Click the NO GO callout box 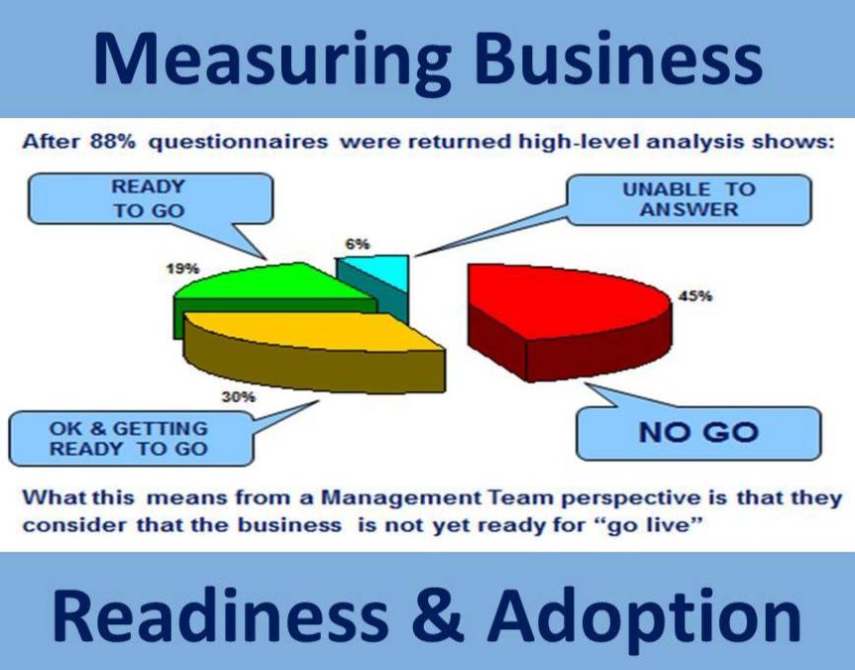coord(698,432)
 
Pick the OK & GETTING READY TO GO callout coord(128,439)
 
